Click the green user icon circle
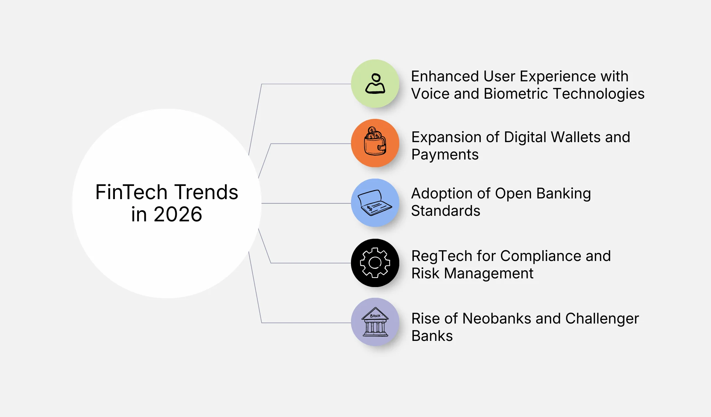pyautogui.click(x=375, y=84)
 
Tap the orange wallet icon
pyautogui.click(x=375, y=143)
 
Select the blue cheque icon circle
pyautogui.click(x=375, y=203)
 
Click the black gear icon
pyautogui.click(x=375, y=263)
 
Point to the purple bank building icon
pyautogui.click(x=375, y=322)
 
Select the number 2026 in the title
pyautogui.click(x=178, y=214)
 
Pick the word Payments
pyautogui.click(x=445, y=155)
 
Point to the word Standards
pyautogui.click(x=446, y=211)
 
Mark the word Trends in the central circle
pyautogui.click(x=206, y=192)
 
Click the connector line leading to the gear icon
pyautogui.click(x=309, y=263)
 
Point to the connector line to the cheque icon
pyautogui.click(x=306, y=203)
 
